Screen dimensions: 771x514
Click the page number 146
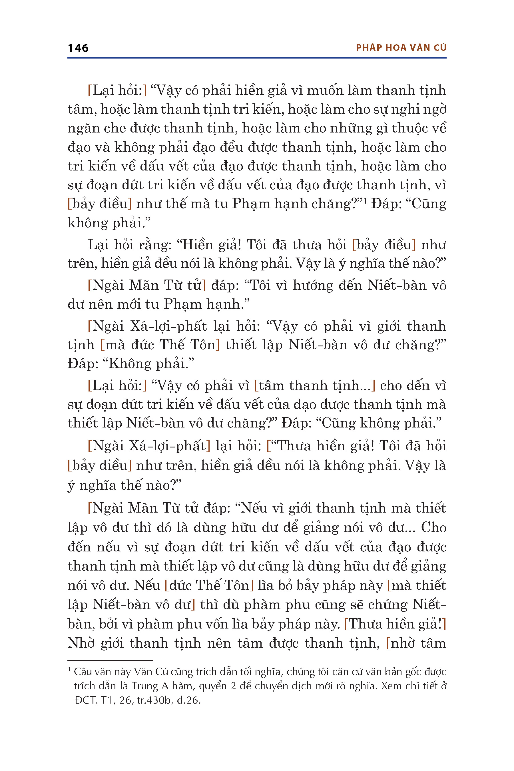coord(78,48)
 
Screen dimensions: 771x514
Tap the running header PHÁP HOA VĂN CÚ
coord(401,48)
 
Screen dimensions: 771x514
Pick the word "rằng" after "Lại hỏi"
coord(157,245)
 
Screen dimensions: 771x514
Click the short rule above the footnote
coord(110,661)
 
